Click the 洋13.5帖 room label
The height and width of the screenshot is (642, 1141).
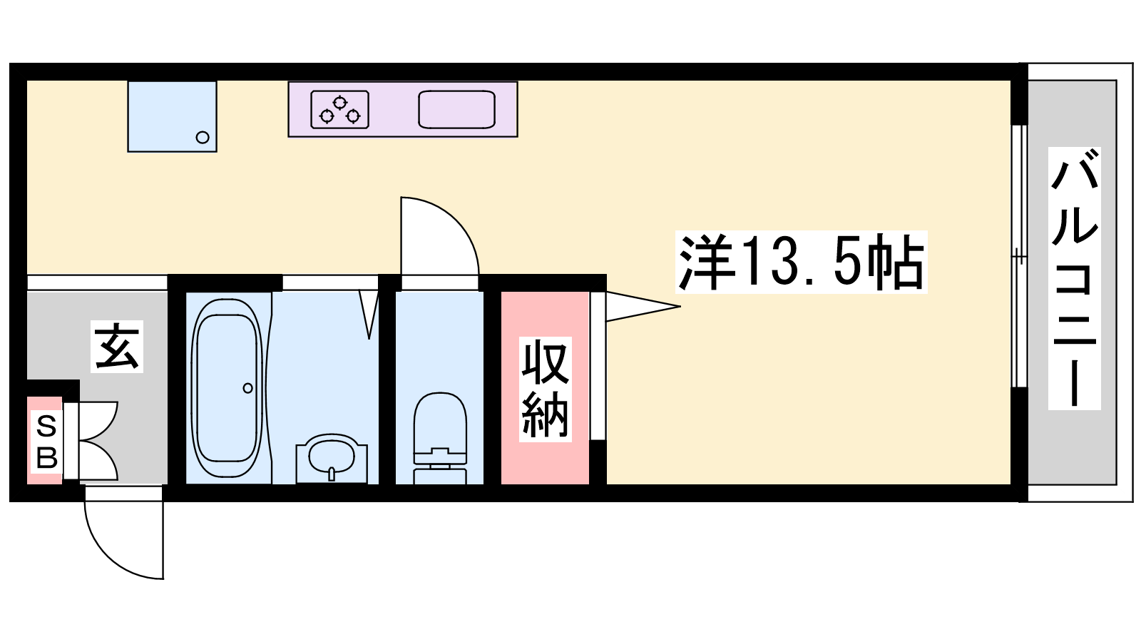click(802, 262)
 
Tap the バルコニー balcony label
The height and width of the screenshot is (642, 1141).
click(1074, 279)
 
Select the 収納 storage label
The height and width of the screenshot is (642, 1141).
click(545, 389)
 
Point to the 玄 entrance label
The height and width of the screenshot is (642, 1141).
click(117, 346)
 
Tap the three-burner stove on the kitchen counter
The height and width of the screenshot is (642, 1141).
click(339, 110)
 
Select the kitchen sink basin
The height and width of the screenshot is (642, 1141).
click(457, 110)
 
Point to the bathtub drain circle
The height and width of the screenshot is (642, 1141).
click(248, 388)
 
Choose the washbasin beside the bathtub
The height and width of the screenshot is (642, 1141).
click(332, 457)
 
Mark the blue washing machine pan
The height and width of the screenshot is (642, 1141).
click(172, 116)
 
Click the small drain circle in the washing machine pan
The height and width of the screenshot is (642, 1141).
click(203, 137)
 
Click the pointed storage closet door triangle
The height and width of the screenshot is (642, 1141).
click(643, 306)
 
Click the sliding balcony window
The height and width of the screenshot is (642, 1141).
click(1018, 256)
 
